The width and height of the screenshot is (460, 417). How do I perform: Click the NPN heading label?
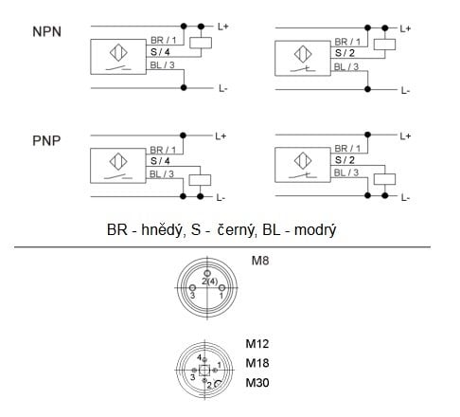46,32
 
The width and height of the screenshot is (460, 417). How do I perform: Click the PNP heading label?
46,141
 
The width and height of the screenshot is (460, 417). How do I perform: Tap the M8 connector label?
260,261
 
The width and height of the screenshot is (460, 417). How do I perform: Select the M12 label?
257,344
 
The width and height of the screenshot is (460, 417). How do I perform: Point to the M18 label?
257,363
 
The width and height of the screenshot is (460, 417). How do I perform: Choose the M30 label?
257,383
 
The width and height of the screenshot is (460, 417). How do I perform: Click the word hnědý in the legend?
163,230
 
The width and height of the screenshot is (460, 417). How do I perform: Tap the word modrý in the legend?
315,230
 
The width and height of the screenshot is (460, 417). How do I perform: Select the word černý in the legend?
235,229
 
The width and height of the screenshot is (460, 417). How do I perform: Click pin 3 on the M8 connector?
192,288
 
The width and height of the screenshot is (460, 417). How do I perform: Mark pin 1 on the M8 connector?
221,288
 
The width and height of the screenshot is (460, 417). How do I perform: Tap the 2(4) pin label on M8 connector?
209,281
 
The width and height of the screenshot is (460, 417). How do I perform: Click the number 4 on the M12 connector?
199,357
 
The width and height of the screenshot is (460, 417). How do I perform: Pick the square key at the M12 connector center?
204,370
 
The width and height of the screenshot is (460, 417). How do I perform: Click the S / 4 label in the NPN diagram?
160,52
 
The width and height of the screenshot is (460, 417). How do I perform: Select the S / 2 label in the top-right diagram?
345,53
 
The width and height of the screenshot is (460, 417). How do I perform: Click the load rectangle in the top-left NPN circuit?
201,43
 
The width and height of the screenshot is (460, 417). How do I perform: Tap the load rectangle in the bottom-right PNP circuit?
384,179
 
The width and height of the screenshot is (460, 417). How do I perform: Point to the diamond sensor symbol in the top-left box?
118,52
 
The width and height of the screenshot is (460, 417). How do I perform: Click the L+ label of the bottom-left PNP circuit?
221,136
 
